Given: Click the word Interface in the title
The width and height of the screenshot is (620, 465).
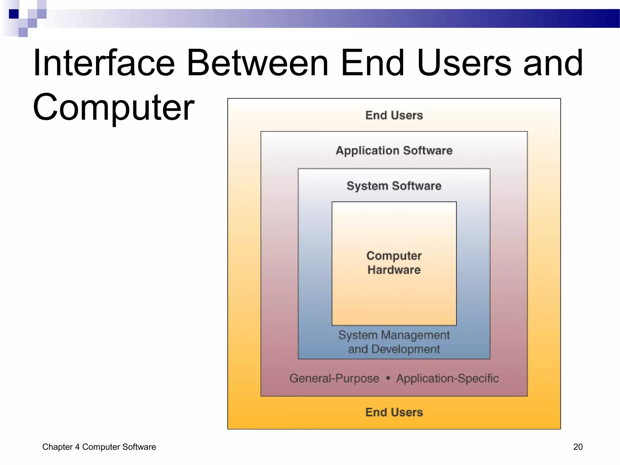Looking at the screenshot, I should pyautogui.click(x=104, y=63).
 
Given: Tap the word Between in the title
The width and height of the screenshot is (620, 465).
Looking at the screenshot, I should pyautogui.click(x=258, y=63).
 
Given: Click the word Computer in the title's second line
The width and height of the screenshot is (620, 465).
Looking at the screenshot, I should pyautogui.click(x=114, y=107).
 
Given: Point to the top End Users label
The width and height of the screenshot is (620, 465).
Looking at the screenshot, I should pyautogui.click(x=394, y=115).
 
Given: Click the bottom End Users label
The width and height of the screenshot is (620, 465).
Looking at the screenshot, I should pyautogui.click(x=394, y=412).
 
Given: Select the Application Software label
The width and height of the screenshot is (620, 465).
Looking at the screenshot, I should pyautogui.click(x=394, y=150).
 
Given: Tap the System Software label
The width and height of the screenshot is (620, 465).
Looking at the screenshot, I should pyautogui.click(x=394, y=186).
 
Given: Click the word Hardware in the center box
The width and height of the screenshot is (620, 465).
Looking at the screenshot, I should pyautogui.click(x=394, y=270).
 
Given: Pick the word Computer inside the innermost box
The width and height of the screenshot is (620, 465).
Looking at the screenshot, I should pyautogui.click(x=394, y=256).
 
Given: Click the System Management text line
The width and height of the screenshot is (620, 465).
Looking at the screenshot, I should pyautogui.click(x=394, y=335).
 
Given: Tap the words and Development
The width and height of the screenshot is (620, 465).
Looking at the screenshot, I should pyautogui.click(x=394, y=349).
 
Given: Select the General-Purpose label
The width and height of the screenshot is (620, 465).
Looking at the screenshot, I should pyautogui.click(x=334, y=378).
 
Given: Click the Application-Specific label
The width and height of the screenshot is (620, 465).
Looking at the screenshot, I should pyautogui.click(x=447, y=378).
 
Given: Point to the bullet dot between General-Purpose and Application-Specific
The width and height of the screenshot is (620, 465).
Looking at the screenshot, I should pyautogui.click(x=388, y=378).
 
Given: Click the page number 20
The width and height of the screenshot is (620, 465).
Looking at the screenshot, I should pyautogui.click(x=578, y=447).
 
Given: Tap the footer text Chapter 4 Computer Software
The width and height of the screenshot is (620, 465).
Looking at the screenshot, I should pyautogui.click(x=99, y=447).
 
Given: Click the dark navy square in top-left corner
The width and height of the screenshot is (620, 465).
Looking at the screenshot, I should pyautogui.click(x=14, y=14).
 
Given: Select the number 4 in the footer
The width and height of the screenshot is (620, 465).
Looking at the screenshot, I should pyautogui.click(x=77, y=447).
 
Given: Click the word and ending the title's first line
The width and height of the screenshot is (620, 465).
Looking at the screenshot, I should pyautogui.click(x=553, y=63).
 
